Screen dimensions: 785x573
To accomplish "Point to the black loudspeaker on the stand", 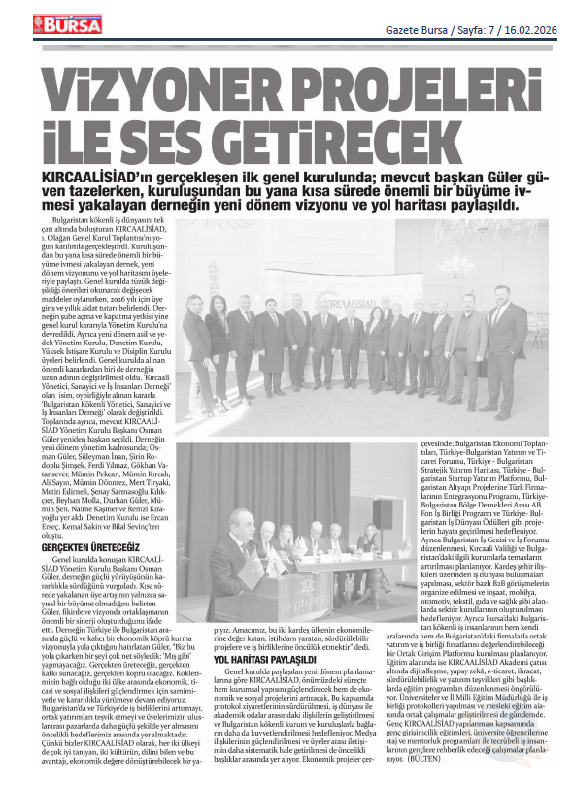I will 384,514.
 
